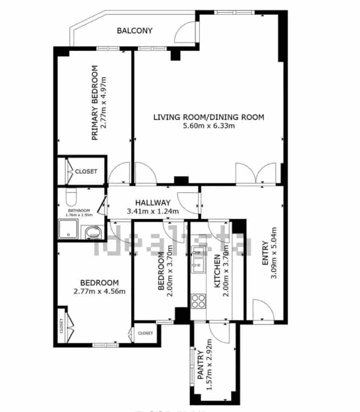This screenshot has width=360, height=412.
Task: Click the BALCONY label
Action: tap(135, 31)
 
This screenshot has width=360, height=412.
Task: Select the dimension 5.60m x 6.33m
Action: tap(208, 126)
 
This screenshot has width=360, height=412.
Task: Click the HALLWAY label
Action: tap(153, 203)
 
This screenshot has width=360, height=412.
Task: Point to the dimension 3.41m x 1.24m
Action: tap(153, 211)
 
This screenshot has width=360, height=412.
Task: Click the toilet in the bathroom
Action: tap(70, 196)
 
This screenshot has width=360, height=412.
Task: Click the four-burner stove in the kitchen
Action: tap(198, 301)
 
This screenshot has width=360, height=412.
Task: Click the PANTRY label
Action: tap(201, 365)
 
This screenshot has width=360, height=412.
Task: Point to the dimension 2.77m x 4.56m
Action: tap(100, 291)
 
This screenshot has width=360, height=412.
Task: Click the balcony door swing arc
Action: tap(184, 32)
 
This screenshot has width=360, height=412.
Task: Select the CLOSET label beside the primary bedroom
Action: tap(86, 172)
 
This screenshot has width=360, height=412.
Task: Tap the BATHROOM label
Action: tap(79, 210)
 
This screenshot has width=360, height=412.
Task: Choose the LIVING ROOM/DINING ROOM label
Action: tap(208, 117)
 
